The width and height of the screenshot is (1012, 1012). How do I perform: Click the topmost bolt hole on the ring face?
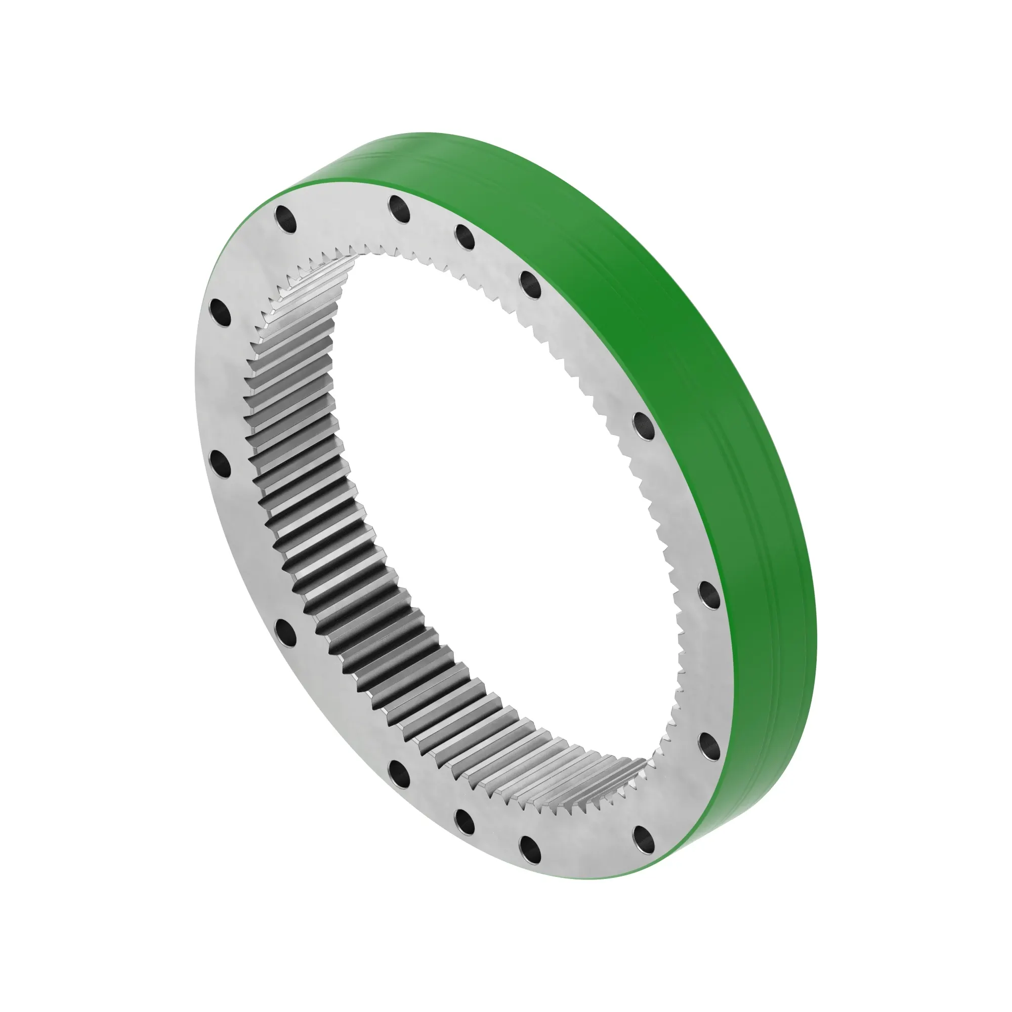(400, 208)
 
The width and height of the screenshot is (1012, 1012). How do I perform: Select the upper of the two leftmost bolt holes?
(220, 314)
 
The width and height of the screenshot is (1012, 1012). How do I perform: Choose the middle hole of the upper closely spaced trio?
(465, 236)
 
